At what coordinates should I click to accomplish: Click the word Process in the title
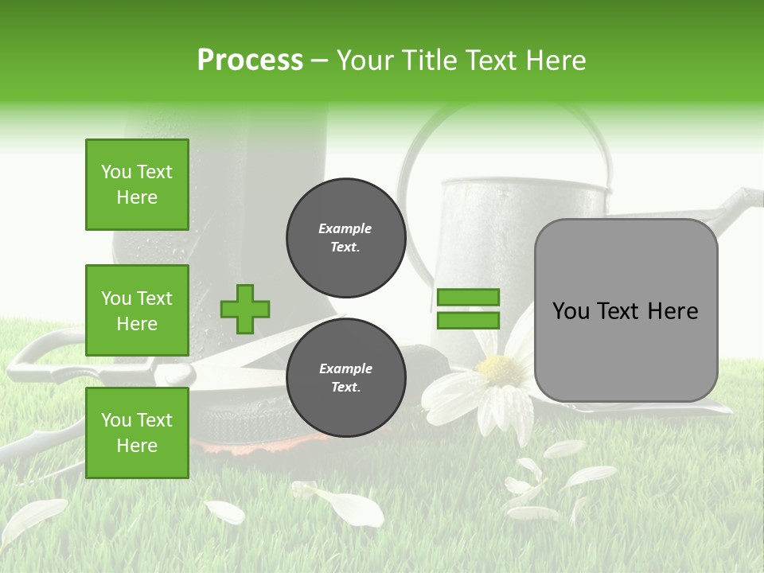pos(250,60)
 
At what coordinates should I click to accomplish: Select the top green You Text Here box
pos(137,185)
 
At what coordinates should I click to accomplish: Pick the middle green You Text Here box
pos(137,310)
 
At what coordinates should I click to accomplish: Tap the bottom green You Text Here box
pos(137,433)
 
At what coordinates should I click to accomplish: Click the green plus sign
pos(245,309)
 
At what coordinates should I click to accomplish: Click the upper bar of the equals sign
pos(468,297)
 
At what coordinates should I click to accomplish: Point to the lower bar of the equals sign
pos(468,321)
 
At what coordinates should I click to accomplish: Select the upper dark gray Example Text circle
pos(345,238)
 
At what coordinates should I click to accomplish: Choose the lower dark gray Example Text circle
pos(345,378)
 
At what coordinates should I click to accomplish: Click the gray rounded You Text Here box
pos(626,310)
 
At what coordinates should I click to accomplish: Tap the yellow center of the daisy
pos(500,369)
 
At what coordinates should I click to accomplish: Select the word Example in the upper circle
pos(345,228)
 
